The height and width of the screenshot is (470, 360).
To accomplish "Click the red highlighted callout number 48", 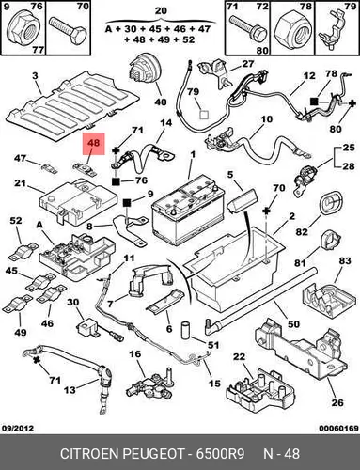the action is tap(93, 143).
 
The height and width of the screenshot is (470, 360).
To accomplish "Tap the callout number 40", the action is tap(161, 102).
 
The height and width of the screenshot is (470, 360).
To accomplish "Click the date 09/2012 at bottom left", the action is tap(18, 428).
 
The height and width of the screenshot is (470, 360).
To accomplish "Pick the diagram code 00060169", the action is tap(338, 428).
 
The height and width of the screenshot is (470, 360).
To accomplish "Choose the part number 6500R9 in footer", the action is tap(220, 454).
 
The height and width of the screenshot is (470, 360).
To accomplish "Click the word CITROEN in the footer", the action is tap(89, 454).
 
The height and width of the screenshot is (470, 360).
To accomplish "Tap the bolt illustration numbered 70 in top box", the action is tap(68, 31).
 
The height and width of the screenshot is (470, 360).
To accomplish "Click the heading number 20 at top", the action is tap(161, 10).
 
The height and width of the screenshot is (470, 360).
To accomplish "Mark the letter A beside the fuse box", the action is tap(39, 225).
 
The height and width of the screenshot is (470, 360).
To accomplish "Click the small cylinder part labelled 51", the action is tap(186, 330).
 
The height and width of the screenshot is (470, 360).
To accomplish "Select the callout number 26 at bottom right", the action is tap(337, 402).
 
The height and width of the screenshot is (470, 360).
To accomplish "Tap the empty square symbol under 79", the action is tap(204, 115).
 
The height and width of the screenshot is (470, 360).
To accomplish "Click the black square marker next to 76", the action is tap(116, 181).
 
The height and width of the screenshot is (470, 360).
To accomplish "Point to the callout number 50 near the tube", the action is tap(293, 323).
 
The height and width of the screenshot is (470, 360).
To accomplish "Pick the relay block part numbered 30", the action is tap(86, 327).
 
